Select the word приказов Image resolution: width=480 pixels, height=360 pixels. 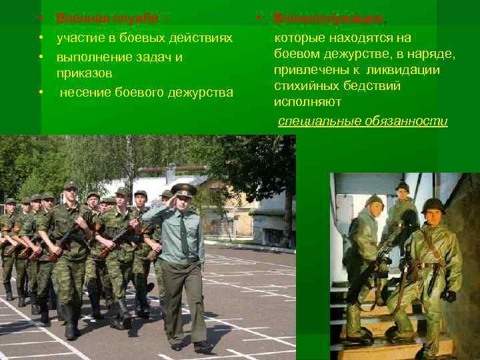pyautogui.click(x=84, y=72)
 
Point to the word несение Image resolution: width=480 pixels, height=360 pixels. pyautogui.click(x=85, y=91)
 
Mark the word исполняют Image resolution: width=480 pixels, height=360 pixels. pyautogui.click(x=307, y=102)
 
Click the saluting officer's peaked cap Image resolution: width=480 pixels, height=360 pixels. pyautogui.click(x=183, y=190)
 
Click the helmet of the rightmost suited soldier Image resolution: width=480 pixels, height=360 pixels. pyautogui.click(x=433, y=204)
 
